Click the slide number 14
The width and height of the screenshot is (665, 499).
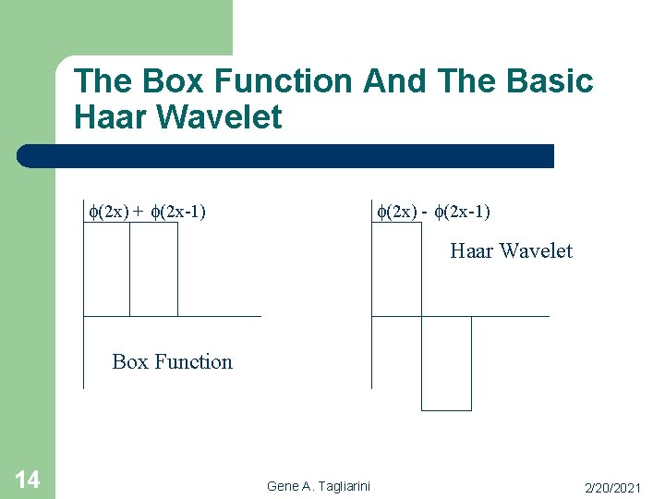(27, 479)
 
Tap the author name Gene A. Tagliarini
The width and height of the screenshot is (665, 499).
(319, 486)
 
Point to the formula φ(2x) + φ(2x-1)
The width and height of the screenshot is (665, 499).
(146, 212)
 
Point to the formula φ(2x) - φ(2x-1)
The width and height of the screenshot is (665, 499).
(432, 212)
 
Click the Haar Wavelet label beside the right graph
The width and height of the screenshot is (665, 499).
(511, 250)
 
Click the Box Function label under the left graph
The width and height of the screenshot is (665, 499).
(172, 361)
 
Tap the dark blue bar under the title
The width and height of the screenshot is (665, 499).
(286, 156)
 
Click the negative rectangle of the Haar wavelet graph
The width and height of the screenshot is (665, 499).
(446, 363)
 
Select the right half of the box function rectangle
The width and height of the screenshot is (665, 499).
(153, 270)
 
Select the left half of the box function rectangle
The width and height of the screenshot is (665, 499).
(106, 270)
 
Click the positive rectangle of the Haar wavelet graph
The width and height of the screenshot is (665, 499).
(396, 270)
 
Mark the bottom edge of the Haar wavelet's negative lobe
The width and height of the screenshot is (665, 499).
(446, 409)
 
